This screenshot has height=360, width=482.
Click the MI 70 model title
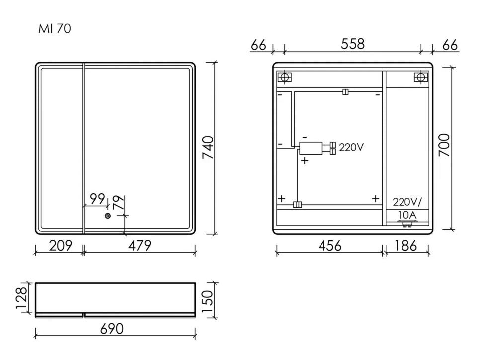click(x=55, y=29)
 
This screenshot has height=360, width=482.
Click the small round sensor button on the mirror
click(x=107, y=216)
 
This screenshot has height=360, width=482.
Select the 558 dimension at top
click(x=353, y=44)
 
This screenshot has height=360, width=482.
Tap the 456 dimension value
click(x=329, y=245)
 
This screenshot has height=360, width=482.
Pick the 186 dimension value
click(x=406, y=245)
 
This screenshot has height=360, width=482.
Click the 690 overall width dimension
click(x=112, y=329)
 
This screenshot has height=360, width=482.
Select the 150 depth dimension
click(x=208, y=299)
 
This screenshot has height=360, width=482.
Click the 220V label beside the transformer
click(x=352, y=147)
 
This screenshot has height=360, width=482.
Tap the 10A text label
click(x=407, y=215)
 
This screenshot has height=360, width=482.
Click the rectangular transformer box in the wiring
click(x=312, y=147)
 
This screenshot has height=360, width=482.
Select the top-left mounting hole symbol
click(x=284, y=77)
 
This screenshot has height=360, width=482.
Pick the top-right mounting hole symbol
click(x=421, y=77)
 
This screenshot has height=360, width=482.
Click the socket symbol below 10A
click(x=406, y=225)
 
